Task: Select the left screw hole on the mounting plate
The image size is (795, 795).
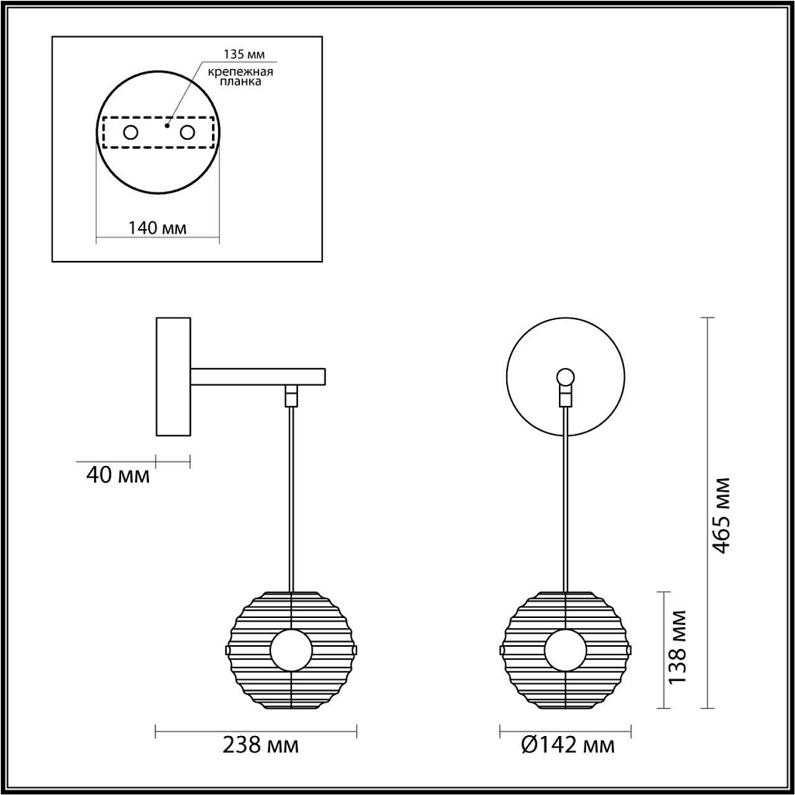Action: click(131, 133)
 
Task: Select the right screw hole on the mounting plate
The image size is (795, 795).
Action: click(186, 133)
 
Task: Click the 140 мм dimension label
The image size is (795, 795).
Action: click(157, 228)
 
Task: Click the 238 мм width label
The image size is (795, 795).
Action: click(261, 746)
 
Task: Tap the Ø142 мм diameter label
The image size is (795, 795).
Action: click(567, 746)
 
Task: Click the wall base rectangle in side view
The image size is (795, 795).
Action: click(173, 375)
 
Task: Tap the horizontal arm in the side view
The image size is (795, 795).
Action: click(258, 377)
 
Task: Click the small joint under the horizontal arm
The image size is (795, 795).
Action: click(291, 396)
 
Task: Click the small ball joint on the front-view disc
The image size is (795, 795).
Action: click(566, 378)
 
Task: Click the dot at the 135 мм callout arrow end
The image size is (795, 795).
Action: click(167, 123)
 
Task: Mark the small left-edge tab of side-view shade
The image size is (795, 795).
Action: click(227, 648)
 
